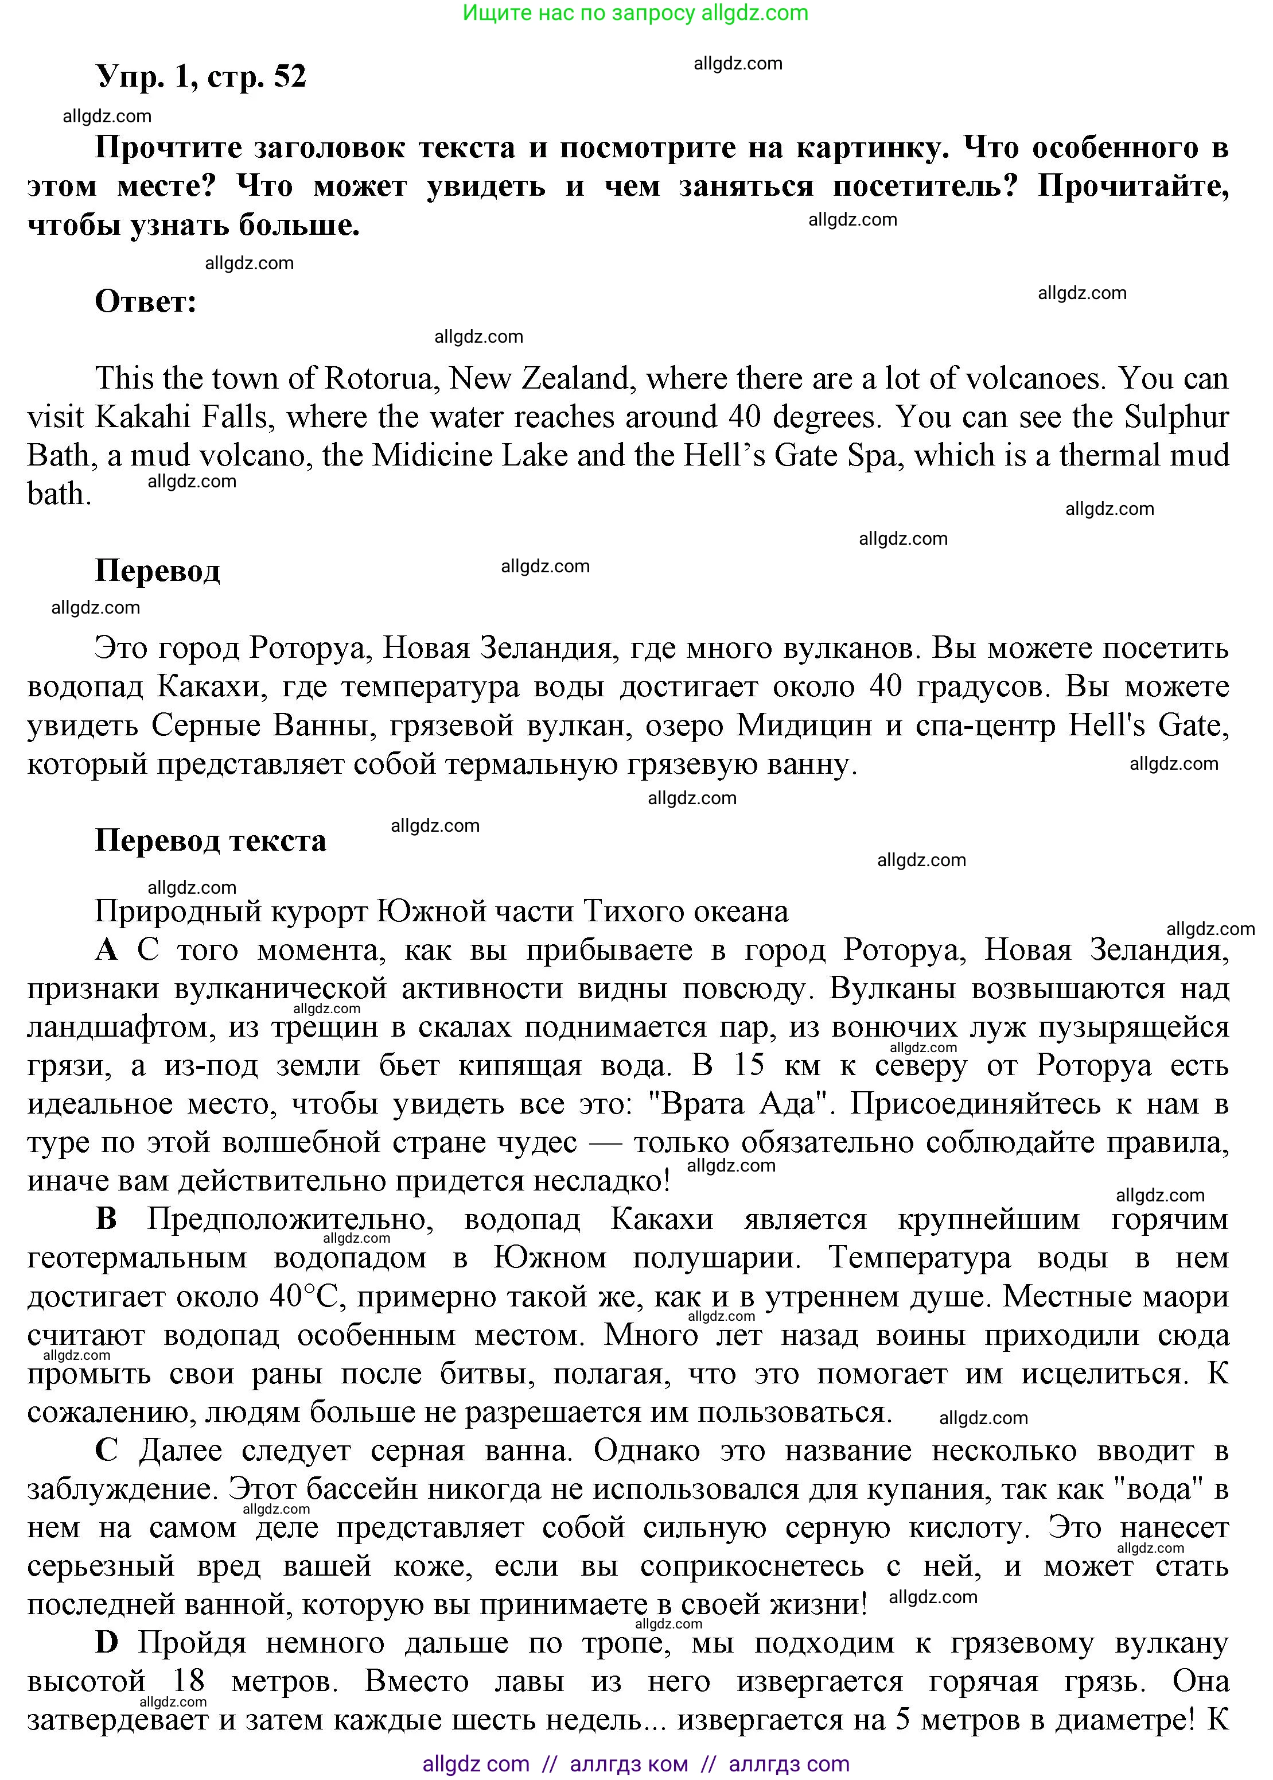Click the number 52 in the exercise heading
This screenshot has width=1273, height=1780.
tap(290, 77)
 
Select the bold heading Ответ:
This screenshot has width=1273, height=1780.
tap(146, 302)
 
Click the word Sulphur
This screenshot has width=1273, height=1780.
tap(1176, 417)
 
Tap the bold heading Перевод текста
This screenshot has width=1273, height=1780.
tap(210, 840)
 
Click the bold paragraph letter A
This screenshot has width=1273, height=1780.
tap(107, 951)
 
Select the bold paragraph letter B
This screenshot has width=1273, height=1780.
tap(107, 1219)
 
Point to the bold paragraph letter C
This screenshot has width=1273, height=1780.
tap(107, 1451)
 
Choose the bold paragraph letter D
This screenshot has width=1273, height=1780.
tap(107, 1643)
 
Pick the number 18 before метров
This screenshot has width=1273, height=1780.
tap(188, 1681)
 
